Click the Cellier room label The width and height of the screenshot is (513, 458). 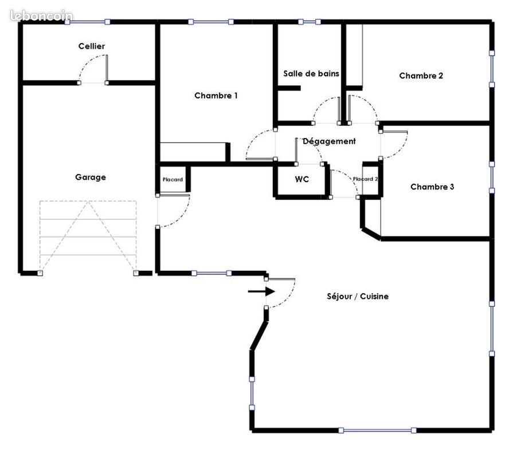tap(92, 46)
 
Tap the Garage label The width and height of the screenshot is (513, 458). tap(91, 177)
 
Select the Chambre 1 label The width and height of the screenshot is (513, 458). tap(216, 96)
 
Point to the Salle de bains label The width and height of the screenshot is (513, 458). tap(311, 73)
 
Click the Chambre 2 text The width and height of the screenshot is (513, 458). tap(421, 76)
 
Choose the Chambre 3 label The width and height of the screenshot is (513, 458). tap(432, 187)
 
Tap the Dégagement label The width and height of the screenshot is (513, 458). tap(329, 141)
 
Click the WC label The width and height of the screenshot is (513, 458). tap(301, 179)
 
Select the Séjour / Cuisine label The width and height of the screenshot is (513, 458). tap(358, 297)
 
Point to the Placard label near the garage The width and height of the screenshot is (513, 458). tap(173, 179)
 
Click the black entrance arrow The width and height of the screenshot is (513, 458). tap(261, 291)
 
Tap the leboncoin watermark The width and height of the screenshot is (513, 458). tap(41, 15)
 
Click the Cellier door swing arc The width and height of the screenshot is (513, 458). tap(87, 60)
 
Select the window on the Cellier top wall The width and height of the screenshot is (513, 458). tap(87, 22)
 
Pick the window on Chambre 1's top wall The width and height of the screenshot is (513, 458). tap(211, 22)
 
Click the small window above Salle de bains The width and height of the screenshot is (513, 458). tap(309, 22)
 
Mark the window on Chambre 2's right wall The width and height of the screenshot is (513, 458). tap(492, 69)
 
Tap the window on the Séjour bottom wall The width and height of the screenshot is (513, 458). tap(377, 430)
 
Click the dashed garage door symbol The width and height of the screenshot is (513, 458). tap(88, 237)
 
